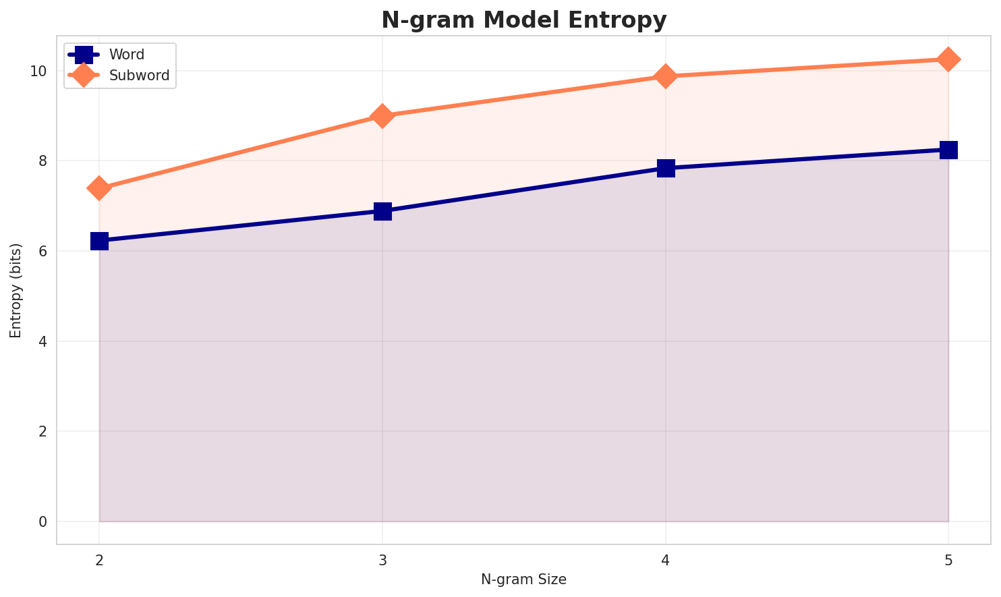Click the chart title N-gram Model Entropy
[523, 20]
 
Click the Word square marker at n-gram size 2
[99, 241]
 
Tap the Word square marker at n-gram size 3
[382, 211]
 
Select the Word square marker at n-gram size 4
[666, 168]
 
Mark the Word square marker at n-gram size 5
[948, 150]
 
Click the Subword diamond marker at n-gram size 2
[99, 188]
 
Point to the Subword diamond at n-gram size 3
[382, 116]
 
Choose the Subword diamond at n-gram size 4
[666, 76]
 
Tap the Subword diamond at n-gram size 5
[948, 59]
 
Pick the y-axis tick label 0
[43, 521]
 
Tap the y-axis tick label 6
[43, 251]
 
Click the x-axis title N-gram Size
[523, 579]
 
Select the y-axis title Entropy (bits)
[16, 290]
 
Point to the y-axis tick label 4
[43, 341]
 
